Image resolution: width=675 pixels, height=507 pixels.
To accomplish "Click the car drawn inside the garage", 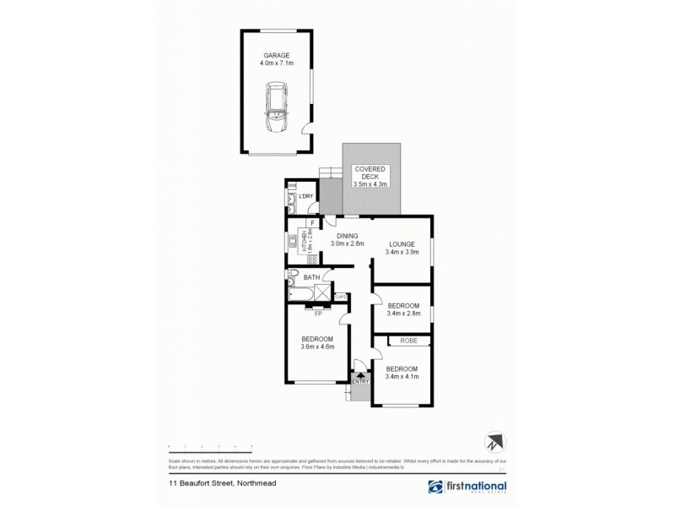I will click(277, 107).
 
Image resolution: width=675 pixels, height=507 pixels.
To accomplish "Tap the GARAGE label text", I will click(276, 55).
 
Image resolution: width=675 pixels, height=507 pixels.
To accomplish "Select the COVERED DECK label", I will click(370, 171).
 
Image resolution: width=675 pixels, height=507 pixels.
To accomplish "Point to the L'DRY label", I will click(306, 196).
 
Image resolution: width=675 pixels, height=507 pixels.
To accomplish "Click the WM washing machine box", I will click(292, 186).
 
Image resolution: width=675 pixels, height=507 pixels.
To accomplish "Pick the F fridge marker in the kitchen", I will click(313, 223).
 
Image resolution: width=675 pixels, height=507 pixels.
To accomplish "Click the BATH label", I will click(311, 277).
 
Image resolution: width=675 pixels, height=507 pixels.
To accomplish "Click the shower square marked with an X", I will click(323, 292).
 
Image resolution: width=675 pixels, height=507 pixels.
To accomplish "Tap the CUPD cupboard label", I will click(341, 296).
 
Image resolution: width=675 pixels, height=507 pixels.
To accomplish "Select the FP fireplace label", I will click(318, 314).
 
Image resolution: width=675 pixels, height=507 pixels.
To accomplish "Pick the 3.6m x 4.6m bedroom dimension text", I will click(318, 346).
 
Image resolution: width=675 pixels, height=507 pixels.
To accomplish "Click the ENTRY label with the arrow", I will click(360, 380).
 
